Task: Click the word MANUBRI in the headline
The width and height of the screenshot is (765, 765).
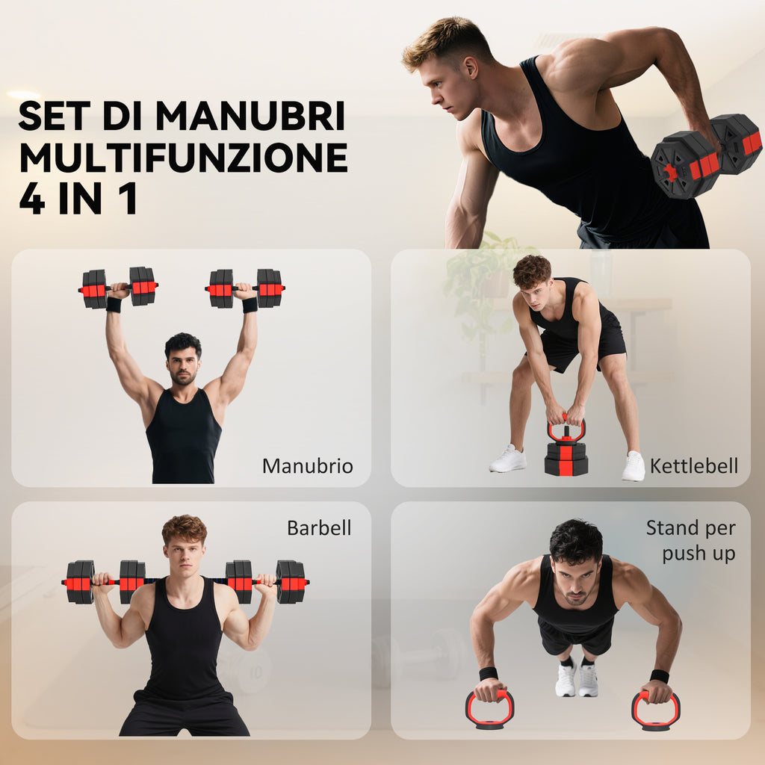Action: pyautogui.click(x=251, y=116)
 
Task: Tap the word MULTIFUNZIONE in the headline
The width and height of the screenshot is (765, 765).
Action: pyautogui.click(x=184, y=157)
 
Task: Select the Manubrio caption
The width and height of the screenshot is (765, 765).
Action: pyautogui.click(x=307, y=466)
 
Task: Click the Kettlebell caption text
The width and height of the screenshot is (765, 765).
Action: pyautogui.click(x=694, y=466)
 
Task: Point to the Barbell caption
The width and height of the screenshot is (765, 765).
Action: pyautogui.click(x=319, y=528)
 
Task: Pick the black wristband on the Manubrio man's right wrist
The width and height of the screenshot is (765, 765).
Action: pyautogui.click(x=114, y=305)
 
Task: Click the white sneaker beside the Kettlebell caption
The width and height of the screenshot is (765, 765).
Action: pyautogui.click(x=634, y=466)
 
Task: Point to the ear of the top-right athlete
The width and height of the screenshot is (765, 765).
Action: pyautogui.click(x=471, y=67)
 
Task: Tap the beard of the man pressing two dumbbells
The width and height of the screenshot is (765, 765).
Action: pyautogui.click(x=184, y=377)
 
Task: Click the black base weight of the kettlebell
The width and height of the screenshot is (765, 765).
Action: pyautogui.click(x=566, y=459)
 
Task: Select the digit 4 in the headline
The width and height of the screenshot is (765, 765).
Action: pyautogui.click(x=32, y=199)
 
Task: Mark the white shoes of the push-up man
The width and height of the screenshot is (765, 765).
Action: pyautogui.click(x=577, y=680)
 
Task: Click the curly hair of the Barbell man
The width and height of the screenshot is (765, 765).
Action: pyautogui.click(x=185, y=529)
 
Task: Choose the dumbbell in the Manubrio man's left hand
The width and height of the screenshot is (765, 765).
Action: pyautogui.click(x=245, y=288)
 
